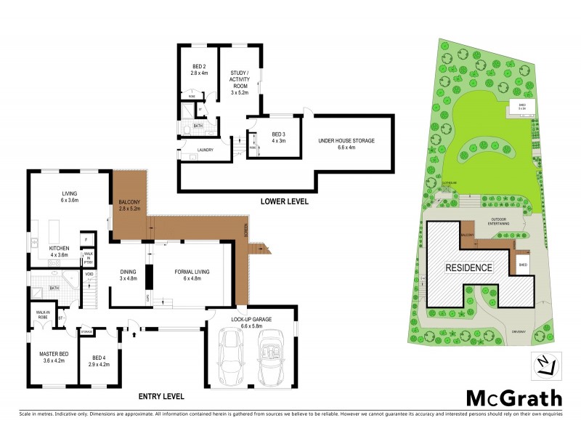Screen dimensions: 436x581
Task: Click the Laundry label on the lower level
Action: pos(205,150)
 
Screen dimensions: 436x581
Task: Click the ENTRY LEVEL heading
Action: pos(161,397)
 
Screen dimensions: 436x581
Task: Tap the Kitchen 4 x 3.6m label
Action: pos(59,251)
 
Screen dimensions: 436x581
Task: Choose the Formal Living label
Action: pos(192,275)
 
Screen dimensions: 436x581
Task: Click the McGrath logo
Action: pos(513,397)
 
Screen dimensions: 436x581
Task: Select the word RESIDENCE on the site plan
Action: pos(469,267)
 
